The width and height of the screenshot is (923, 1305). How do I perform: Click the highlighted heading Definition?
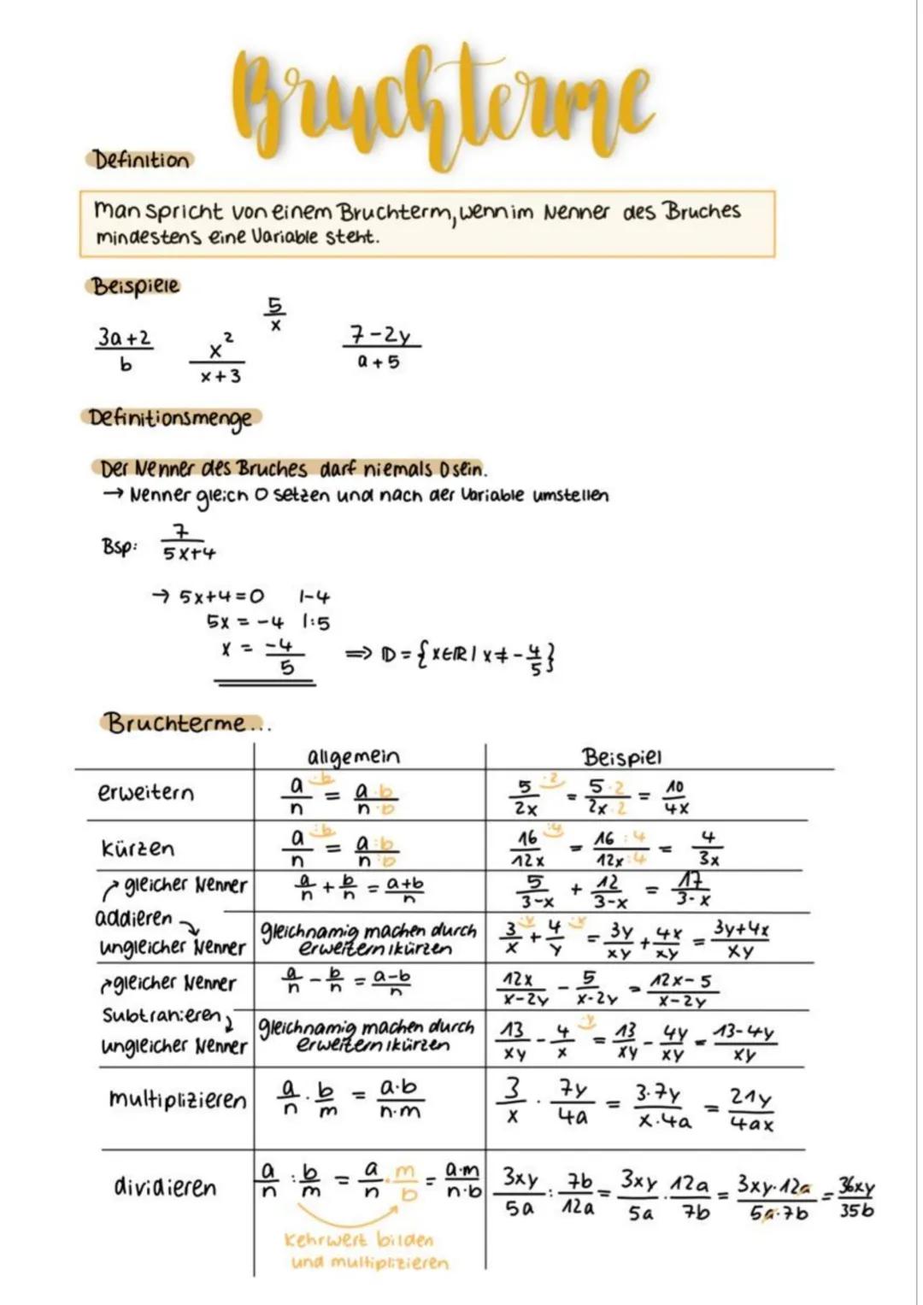point(141,160)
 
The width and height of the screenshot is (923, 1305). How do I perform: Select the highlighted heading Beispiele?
point(135,285)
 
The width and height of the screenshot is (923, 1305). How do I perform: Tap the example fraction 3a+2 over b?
point(125,350)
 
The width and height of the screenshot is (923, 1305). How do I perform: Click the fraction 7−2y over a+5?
point(380,347)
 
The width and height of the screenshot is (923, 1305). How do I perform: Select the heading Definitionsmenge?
point(172,419)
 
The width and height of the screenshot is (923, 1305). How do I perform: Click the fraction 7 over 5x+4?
point(187,544)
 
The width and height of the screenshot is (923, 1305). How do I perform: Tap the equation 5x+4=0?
point(221,596)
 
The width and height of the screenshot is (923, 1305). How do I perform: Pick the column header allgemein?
point(352,757)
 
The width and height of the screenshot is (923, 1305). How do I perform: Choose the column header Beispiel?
point(621,757)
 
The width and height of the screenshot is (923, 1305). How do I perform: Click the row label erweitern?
point(145,793)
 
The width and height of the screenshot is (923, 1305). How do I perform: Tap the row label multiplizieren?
point(177,1099)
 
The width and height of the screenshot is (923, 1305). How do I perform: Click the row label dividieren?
point(165,1187)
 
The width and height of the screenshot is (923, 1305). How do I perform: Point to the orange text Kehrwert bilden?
point(359,1239)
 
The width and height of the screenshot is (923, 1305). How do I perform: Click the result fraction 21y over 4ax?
point(750,1109)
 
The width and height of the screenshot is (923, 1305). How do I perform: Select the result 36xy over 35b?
point(855,1198)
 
